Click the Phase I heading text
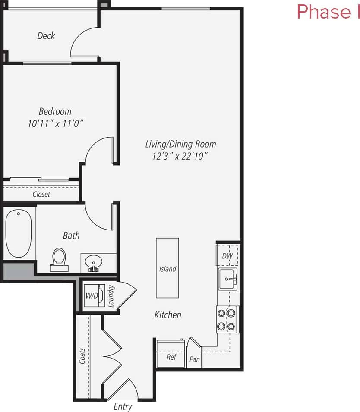pyautogui.click(x=328, y=12)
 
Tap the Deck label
pyautogui.click(x=46, y=36)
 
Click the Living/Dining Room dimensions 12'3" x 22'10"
pyautogui.click(x=180, y=156)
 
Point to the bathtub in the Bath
pyautogui.click(x=19, y=233)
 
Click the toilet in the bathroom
pyautogui.click(x=59, y=259)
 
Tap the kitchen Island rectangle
pyautogui.click(x=167, y=268)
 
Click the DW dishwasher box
pyautogui.click(x=227, y=256)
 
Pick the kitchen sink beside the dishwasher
pyautogui.click(x=227, y=278)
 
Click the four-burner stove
pyautogui.click(x=227, y=320)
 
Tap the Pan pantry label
pyautogui.click(x=195, y=359)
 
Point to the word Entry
pyautogui.click(x=123, y=406)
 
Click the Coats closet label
pyautogui.click(x=82, y=356)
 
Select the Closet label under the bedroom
pyautogui.click(x=41, y=194)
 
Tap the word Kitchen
pyautogui.click(x=168, y=315)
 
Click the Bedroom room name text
pyautogui.click(x=55, y=111)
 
